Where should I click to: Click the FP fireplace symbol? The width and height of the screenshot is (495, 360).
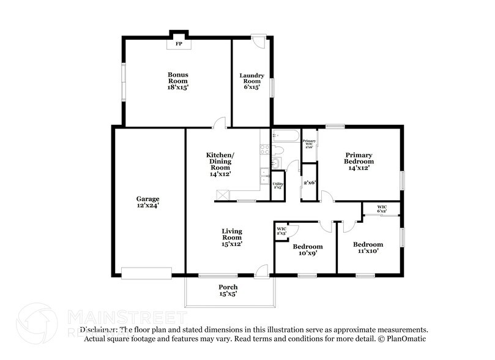click(179, 44)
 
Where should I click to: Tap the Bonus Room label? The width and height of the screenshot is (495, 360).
click(178, 81)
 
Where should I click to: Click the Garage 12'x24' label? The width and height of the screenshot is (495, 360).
click(147, 202)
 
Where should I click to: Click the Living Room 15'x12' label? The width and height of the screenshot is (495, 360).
click(232, 237)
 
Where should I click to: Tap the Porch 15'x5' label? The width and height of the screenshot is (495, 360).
click(228, 290)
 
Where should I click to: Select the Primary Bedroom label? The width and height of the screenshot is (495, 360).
click(359, 161)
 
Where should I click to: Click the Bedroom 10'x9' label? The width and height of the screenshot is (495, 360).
click(307, 250)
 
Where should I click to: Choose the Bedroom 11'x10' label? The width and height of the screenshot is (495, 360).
click(368, 247)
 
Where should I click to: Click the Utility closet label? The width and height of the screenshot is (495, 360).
click(277, 186)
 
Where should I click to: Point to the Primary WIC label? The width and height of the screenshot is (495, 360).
click(309, 144)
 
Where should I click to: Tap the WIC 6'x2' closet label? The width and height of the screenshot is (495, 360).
click(382, 209)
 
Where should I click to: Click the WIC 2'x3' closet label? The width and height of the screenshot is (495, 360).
click(282, 231)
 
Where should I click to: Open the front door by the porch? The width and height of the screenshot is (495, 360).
click(262, 270)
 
